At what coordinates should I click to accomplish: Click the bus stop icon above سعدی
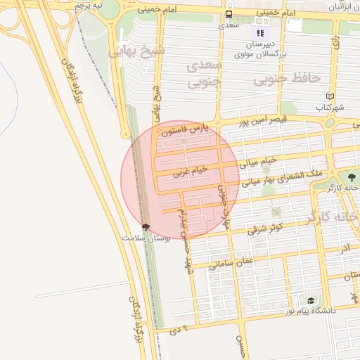pyautogui.click(x=229, y=14)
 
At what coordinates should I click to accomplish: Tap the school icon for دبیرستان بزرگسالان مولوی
pyautogui.click(x=260, y=32)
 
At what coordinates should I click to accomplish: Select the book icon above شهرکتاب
pyautogui.click(x=330, y=96)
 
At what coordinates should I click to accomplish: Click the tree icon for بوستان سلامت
pyautogui.click(x=146, y=226)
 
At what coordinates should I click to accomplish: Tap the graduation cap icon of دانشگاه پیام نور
pyautogui.click(x=311, y=300)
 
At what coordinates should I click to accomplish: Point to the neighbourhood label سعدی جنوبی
pyautogui.click(x=205, y=75)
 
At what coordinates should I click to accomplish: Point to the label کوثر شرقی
pyautogui.click(x=265, y=228)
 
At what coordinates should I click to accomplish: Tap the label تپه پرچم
pyautogui.click(x=89, y=6)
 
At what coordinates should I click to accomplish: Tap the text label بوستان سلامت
pyautogui.click(x=146, y=238)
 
